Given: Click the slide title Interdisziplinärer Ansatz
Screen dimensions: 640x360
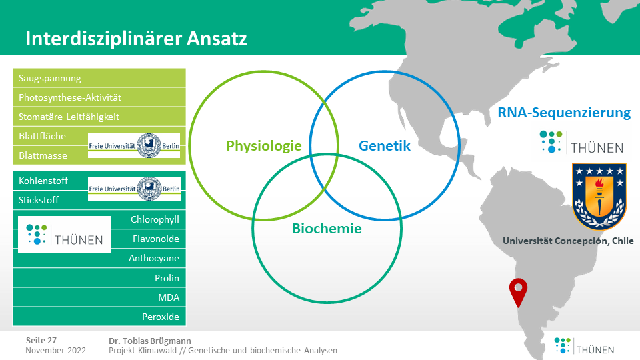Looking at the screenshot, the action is click(136, 39).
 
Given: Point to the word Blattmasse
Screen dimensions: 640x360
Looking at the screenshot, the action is click(43, 155).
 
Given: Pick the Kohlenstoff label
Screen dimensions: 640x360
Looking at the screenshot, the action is click(43, 181).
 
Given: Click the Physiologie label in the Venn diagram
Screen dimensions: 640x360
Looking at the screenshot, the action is click(264, 146).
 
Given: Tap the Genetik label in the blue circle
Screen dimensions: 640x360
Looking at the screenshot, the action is click(385, 146).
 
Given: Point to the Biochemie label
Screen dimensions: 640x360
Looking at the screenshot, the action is click(327, 229).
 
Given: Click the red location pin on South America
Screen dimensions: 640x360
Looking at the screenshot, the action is click(519, 291).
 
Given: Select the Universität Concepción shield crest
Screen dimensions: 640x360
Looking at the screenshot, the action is click(599, 196).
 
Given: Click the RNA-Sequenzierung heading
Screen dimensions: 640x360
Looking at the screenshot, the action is click(564, 113).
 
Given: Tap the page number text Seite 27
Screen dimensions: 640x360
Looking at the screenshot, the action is click(41, 341).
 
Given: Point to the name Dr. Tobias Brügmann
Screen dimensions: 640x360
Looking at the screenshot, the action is click(150, 341).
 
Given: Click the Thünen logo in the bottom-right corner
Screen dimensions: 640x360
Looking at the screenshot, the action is click(584, 346).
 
